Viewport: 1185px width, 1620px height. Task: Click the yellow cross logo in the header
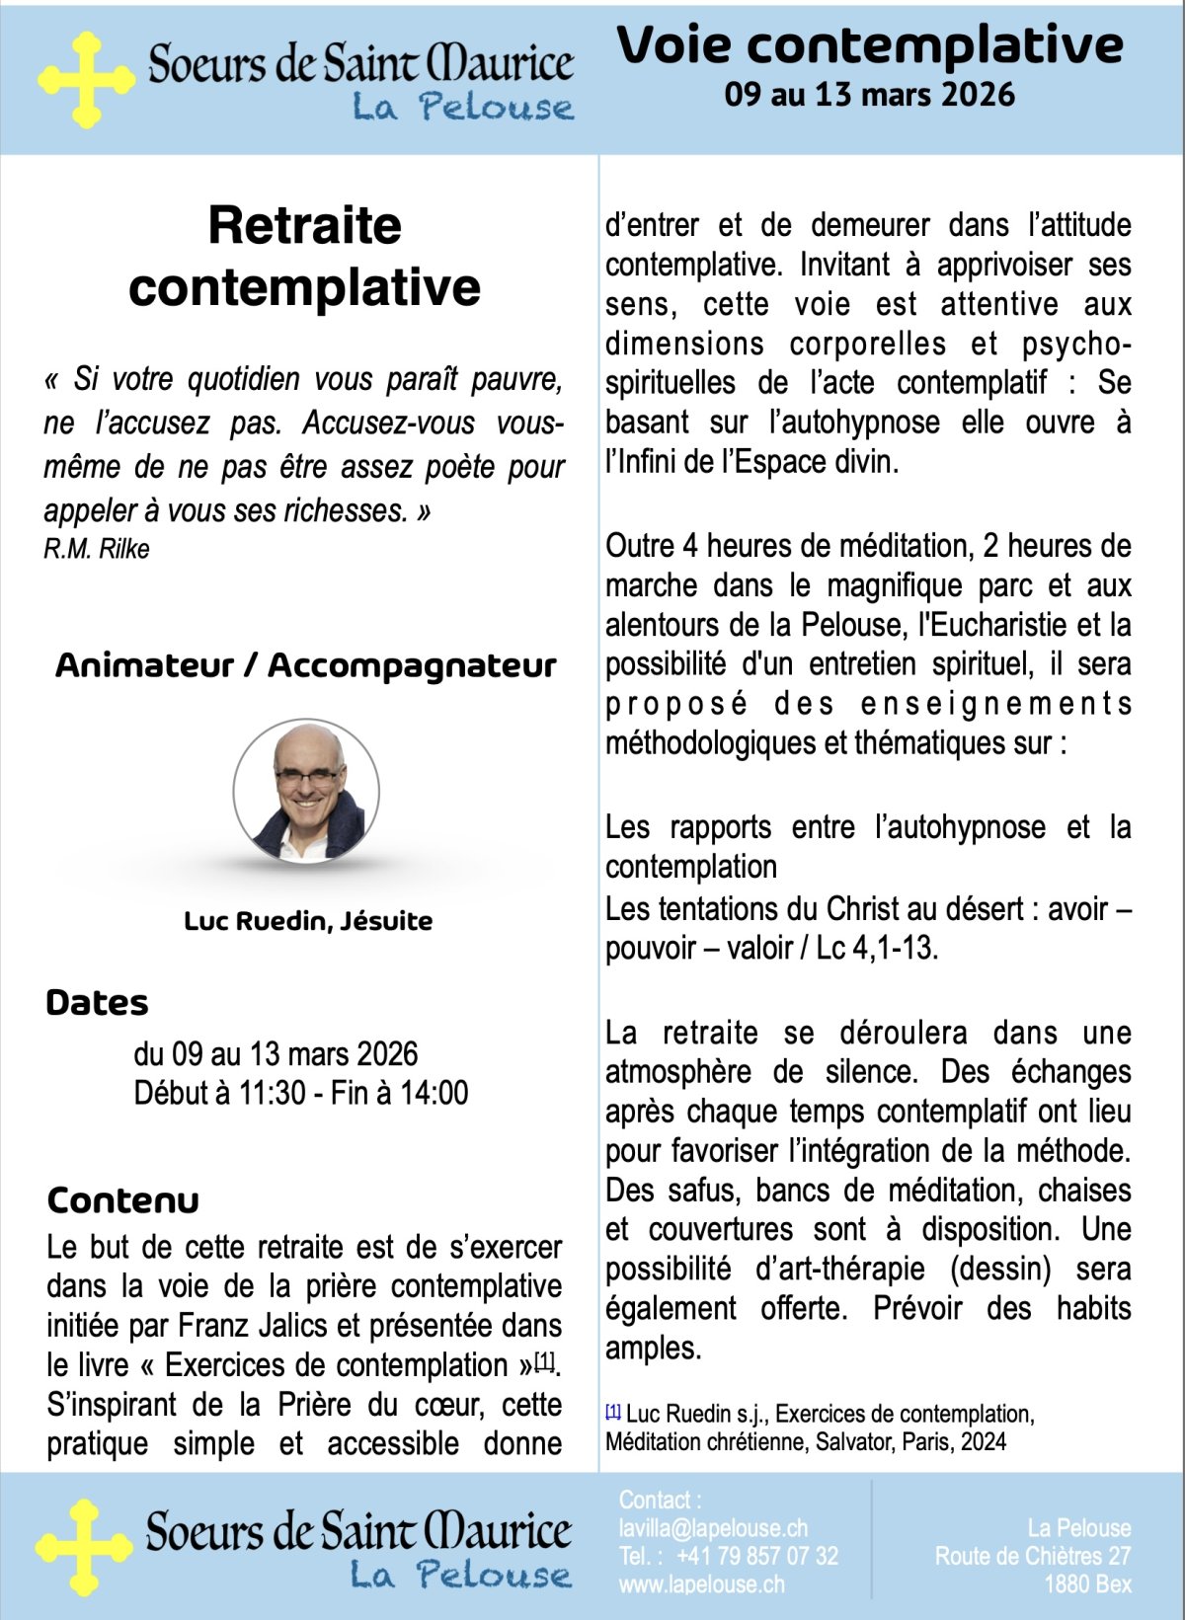click(86, 79)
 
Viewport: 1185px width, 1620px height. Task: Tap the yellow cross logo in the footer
click(84, 1547)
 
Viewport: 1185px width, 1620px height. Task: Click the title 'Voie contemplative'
click(870, 45)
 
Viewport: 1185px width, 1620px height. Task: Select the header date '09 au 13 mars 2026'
click(869, 95)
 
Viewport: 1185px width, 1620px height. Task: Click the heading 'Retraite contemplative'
click(304, 256)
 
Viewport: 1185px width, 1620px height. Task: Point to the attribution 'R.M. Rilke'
click(97, 549)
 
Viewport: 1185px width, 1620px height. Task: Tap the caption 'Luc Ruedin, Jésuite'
click(308, 921)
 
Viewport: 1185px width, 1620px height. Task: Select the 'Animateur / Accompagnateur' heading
click(305, 665)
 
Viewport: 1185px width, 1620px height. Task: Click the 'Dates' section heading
click(97, 1003)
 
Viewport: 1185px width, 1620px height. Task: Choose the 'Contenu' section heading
click(122, 1200)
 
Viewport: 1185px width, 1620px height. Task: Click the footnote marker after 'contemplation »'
click(544, 1362)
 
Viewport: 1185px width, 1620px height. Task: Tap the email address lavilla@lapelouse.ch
click(713, 1528)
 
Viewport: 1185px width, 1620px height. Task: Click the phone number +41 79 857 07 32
click(757, 1557)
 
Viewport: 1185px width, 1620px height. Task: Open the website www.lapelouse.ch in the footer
click(702, 1584)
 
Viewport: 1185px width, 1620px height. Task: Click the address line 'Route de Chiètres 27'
click(1033, 1557)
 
